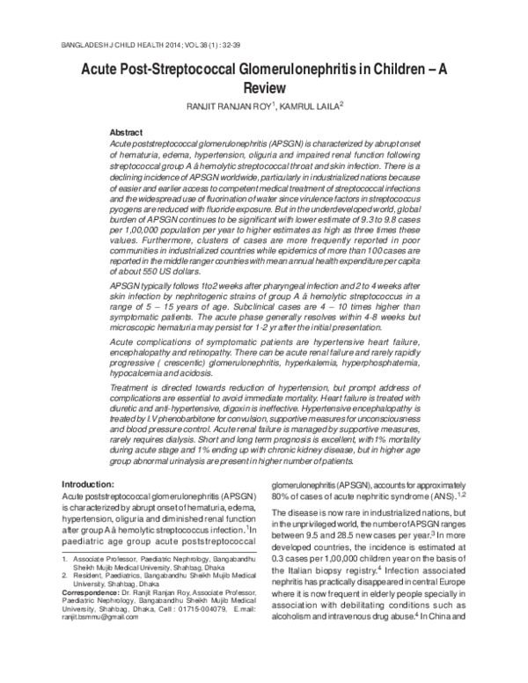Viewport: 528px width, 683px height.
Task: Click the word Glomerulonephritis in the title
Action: (x=283, y=68)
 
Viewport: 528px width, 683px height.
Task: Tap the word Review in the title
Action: (x=264, y=87)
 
